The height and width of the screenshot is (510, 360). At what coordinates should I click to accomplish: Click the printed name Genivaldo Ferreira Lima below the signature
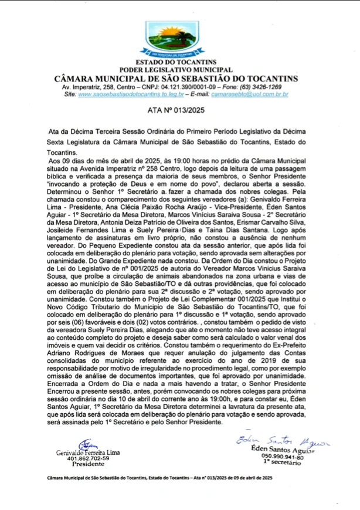(87, 452)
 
